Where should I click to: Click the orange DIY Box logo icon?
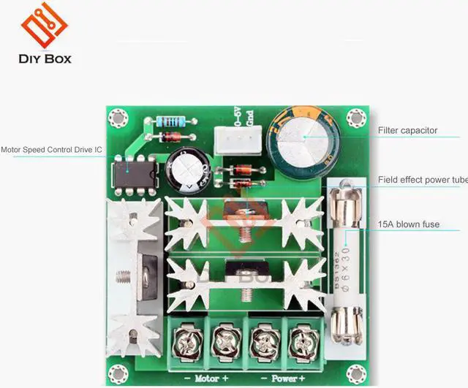pyautogui.click(x=44, y=26)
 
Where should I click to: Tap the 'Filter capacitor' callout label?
pyautogui.click(x=407, y=131)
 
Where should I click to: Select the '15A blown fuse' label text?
pyautogui.click(x=408, y=224)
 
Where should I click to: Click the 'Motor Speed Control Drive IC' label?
pyautogui.click(x=51, y=151)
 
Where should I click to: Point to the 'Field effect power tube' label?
pyautogui.click(x=422, y=179)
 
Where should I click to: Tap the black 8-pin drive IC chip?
pyautogui.click(x=132, y=174)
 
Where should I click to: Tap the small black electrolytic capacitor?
pyautogui.click(x=187, y=170)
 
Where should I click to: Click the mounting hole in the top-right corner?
pyautogui.click(x=356, y=117)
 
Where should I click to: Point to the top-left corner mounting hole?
pyautogui.click(x=117, y=117)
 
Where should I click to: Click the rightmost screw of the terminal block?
pyautogui.click(x=299, y=338)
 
